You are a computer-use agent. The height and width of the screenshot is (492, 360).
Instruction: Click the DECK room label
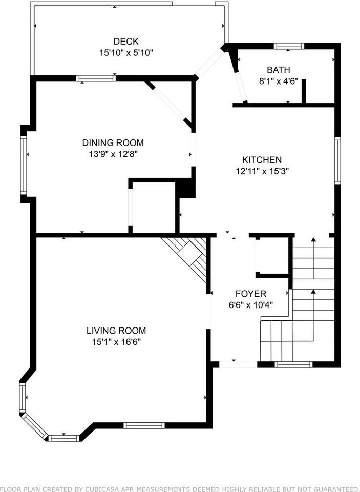click(126, 42)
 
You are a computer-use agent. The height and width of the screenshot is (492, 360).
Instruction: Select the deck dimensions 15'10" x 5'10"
click(126, 52)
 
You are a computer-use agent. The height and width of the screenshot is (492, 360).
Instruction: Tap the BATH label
click(278, 70)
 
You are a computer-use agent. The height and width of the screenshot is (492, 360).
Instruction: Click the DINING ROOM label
click(113, 142)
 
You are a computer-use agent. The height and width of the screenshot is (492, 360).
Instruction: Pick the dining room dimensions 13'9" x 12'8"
click(113, 153)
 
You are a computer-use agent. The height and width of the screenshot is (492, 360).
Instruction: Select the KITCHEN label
click(262, 160)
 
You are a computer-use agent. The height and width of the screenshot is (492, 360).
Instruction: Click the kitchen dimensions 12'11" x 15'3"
click(262, 171)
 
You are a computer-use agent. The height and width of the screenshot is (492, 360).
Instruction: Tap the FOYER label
click(250, 294)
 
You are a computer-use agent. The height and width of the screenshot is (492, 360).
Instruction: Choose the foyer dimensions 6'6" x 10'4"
click(250, 304)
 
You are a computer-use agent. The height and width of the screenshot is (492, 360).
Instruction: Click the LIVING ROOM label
click(116, 331)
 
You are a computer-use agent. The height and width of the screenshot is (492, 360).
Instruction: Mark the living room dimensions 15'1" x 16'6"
click(116, 341)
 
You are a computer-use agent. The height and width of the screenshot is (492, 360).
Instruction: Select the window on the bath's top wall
click(289, 46)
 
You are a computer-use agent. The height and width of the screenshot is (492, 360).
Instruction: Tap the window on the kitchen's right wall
click(337, 160)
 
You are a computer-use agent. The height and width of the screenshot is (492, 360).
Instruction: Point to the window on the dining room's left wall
click(23, 165)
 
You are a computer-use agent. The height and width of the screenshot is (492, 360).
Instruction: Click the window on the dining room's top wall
click(96, 78)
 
